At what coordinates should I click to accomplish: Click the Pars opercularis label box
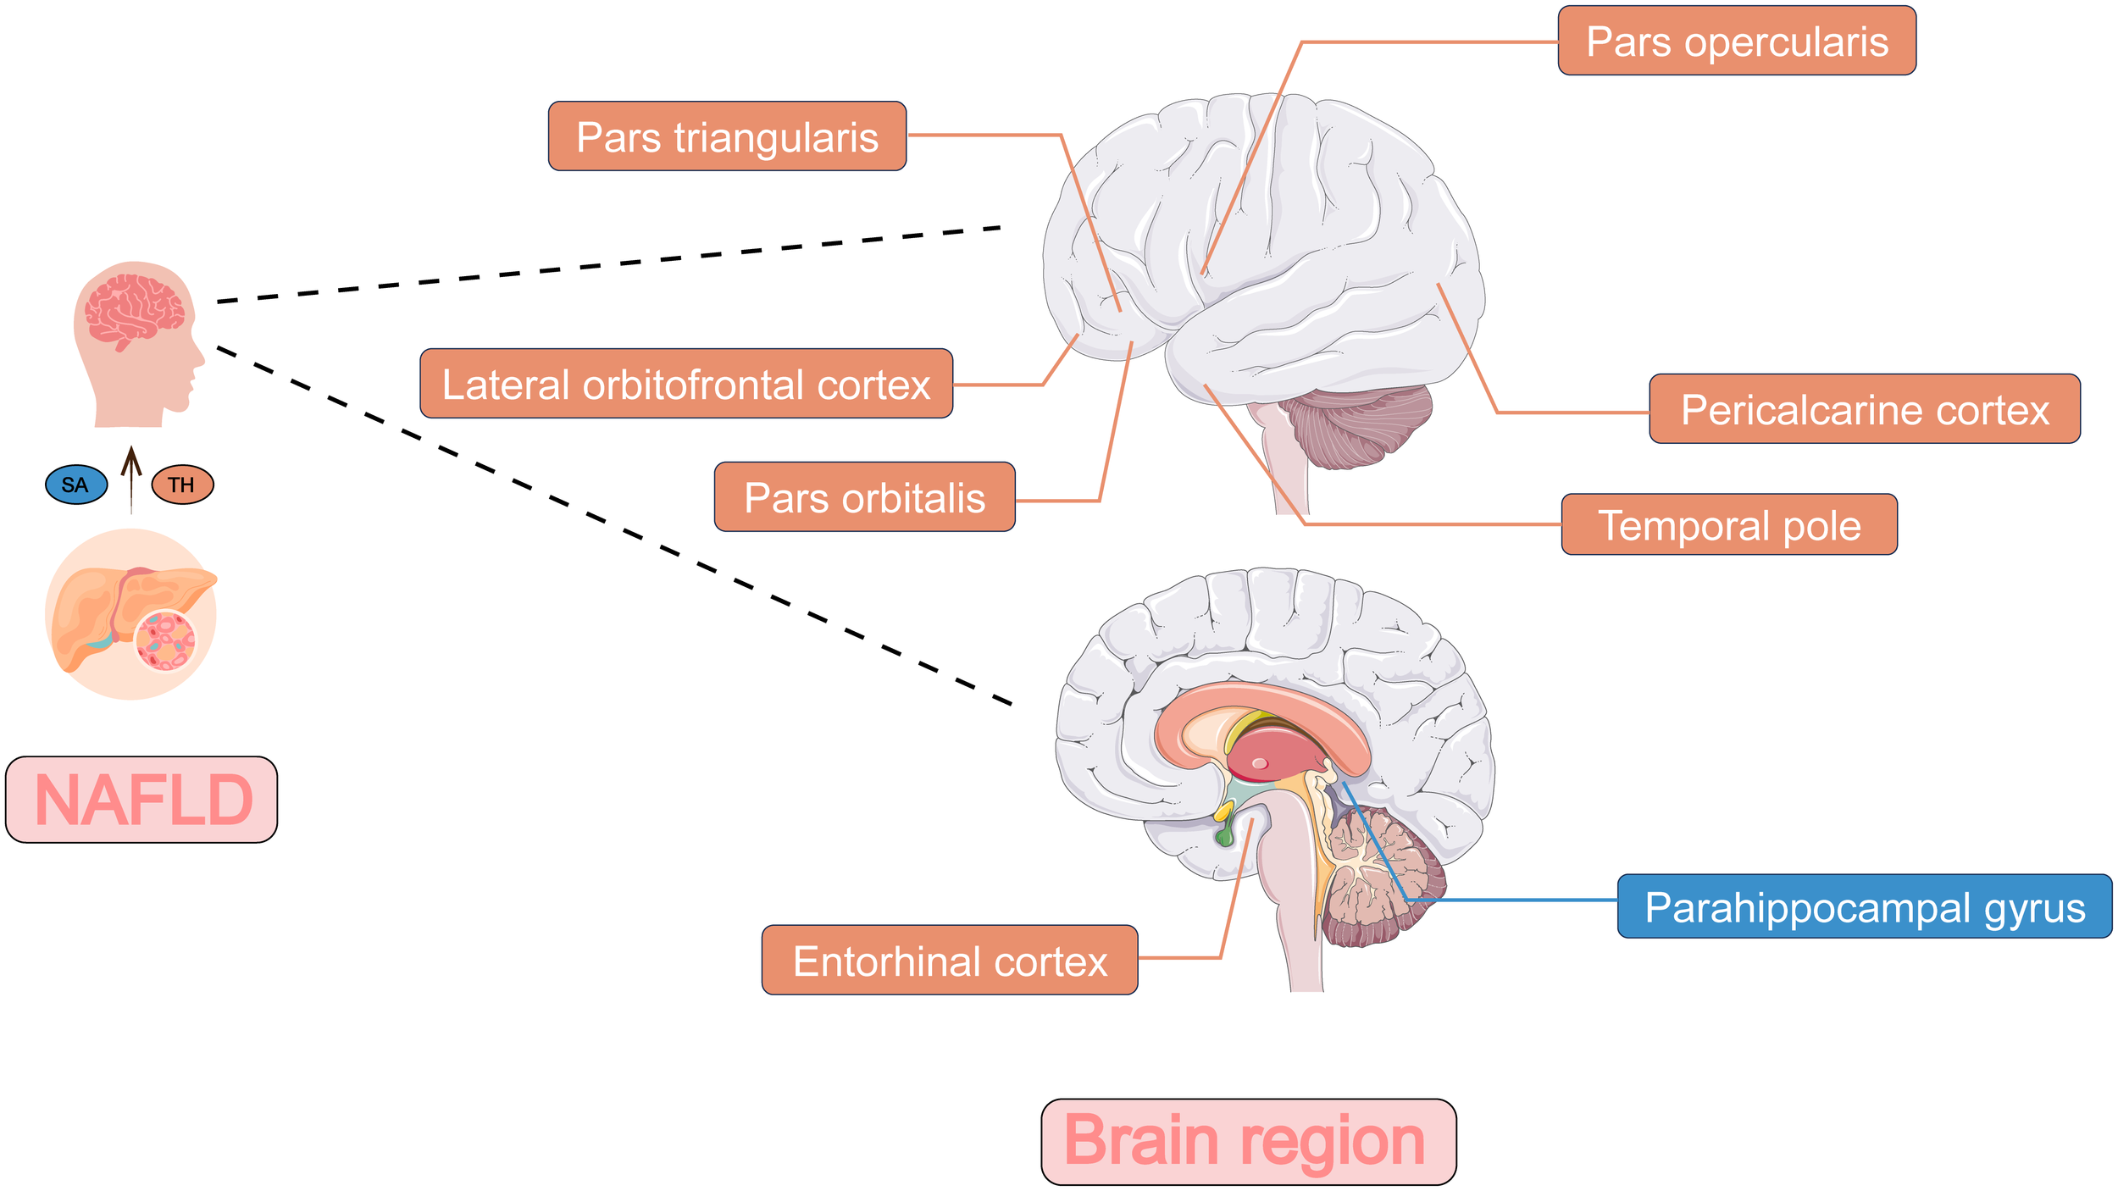point(1736,41)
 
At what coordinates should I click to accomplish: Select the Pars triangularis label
point(727,136)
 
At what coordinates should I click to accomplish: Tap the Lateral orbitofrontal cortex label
point(686,384)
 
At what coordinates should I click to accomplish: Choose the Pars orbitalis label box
point(864,497)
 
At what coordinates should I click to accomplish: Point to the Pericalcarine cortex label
point(1864,409)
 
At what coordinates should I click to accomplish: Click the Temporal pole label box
point(1728,524)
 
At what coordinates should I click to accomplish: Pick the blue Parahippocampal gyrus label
point(1864,906)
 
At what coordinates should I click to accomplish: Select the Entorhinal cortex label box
point(949,960)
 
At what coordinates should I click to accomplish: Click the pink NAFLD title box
point(141,800)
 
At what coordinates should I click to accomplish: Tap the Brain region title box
point(1248,1142)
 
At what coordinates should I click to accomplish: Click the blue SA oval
point(76,485)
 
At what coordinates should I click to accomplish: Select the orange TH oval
point(182,485)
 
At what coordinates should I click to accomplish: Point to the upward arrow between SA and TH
point(130,479)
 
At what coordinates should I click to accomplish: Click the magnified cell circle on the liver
point(165,640)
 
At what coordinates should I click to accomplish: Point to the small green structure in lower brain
point(1224,837)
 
